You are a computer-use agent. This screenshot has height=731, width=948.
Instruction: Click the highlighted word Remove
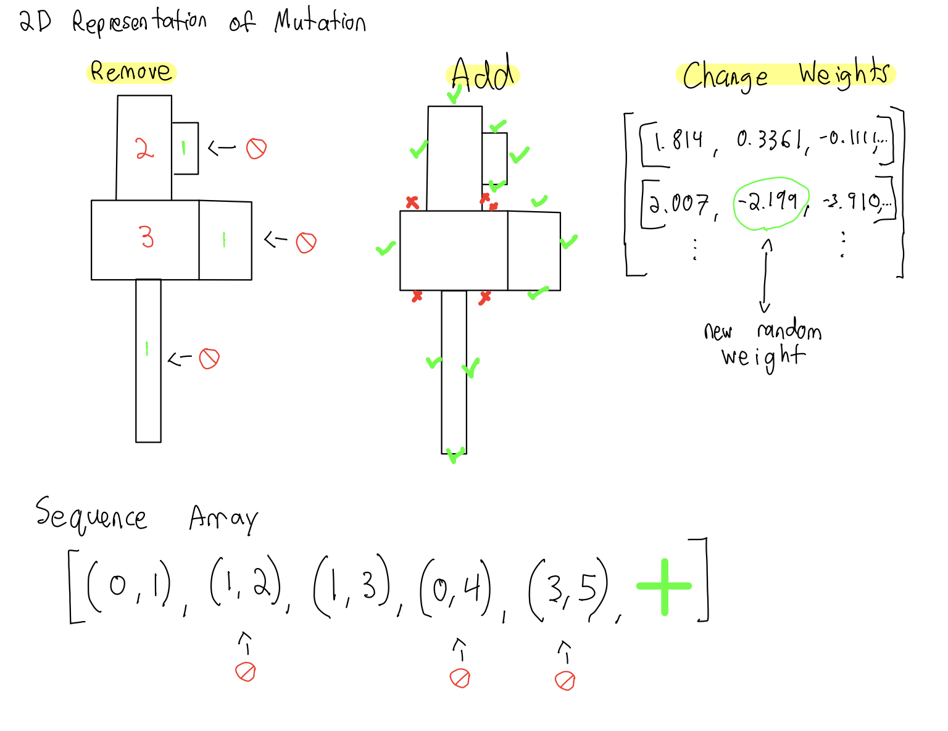pyautogui.click(x=131, y=72)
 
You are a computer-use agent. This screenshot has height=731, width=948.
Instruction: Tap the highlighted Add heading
pyautogui.click(x=482, y=75)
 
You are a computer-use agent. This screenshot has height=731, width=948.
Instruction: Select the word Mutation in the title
pyautogui.click(x=320, y=22)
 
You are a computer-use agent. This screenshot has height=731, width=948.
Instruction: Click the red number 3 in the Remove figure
pyautogui.click(x=146, y=236)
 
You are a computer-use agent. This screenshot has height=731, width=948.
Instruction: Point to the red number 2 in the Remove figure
pyautogui.click(x=144, y=148)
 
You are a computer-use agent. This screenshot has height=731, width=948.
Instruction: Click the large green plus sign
pyautogui.click(x=664, y=587)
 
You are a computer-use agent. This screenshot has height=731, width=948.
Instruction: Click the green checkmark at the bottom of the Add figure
pyautogui.click(x=455, y=456)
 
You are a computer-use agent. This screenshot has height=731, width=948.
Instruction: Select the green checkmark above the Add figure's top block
pyautogui.click(x=454, y=94)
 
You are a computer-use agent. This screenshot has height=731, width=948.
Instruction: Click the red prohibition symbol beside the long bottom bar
pyautogui.click(x=209, y=358)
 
